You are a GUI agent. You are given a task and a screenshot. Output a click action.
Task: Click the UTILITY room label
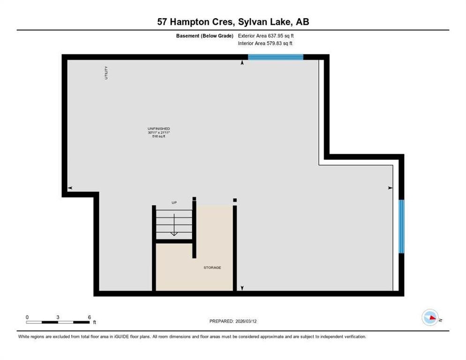[x=106, y=73]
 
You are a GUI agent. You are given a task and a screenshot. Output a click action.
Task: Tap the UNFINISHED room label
[x=158, y=128]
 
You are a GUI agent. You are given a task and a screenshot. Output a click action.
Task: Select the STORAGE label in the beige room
[x=212, y=268]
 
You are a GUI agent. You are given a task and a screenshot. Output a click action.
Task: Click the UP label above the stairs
[x=173, y=202]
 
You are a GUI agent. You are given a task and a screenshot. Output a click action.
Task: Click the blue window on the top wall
[x=275, y=57]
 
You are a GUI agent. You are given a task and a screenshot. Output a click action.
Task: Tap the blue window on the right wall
[x=401, y=226]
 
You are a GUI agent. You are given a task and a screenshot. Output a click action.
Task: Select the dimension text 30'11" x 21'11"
[x=158, y=133]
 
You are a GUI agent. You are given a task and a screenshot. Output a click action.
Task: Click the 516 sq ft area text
[x=158, y=137]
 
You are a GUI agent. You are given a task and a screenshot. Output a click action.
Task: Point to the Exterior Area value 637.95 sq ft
[x=281, y=36]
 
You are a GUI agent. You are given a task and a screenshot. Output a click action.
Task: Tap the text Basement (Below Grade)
[x=204, y=36]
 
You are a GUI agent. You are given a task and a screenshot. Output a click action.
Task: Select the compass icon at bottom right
[x=430, y=318]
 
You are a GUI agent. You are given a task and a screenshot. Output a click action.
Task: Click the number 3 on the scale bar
[x=58, y=317]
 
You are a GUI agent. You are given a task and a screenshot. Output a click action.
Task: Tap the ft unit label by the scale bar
[x=94, y=322]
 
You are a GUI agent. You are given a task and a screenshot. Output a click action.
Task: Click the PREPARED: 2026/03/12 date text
[x=233, y=321]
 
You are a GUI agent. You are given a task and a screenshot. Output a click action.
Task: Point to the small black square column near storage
[x=235, y=200]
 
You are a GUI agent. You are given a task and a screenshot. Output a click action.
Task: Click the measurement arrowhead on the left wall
[x=70, y=188]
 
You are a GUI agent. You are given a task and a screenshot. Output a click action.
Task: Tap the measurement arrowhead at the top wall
[x=242, y=62]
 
